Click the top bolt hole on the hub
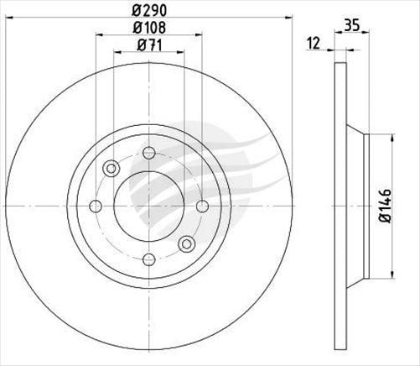(x=150, y=152)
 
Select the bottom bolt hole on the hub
(x=150, y=259)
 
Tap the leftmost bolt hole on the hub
(x=96, y=206)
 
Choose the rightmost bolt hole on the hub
(x=203, y=206)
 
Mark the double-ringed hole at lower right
(x=186, y=243)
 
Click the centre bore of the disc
(x=149, y=206)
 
